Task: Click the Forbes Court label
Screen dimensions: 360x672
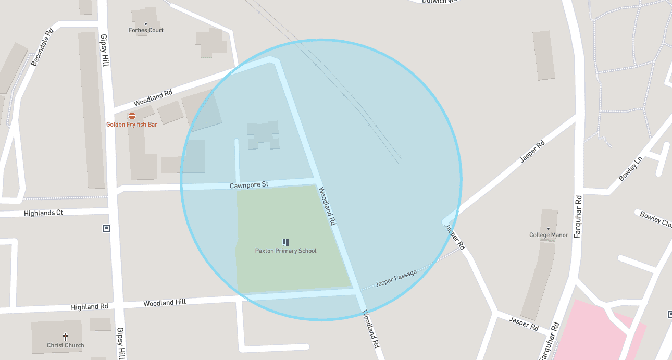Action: tap(146, 30)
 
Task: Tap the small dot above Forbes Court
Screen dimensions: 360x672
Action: tap(146, 23)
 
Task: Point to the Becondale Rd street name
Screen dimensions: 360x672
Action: tap(42, 47)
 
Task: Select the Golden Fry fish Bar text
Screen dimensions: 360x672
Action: tap(132, 125)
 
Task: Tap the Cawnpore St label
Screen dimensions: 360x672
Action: tap(249, 185)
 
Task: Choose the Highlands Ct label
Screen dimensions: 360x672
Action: tap(43, 213)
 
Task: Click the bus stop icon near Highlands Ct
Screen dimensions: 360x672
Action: tap(106, 228)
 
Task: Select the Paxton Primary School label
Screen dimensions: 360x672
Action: tap(285, 251)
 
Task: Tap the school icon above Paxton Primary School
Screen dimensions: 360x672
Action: tap(285, 242)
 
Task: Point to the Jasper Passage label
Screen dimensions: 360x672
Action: tap(396, 279)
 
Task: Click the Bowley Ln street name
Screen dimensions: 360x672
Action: tap(630, 169)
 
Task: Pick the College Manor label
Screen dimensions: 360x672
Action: tap(549, 235)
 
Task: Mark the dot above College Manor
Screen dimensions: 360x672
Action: tap(549, 228)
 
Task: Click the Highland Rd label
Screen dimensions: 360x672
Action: tap(90, 307)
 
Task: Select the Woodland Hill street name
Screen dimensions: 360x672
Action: tap(165, 303)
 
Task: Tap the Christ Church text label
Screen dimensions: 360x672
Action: tap(66, 345)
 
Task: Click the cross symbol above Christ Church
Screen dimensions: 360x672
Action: tap(66, 337)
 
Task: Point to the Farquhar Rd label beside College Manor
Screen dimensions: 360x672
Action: tap(578, 217)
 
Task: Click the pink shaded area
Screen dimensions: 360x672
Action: tap(594, 333)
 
